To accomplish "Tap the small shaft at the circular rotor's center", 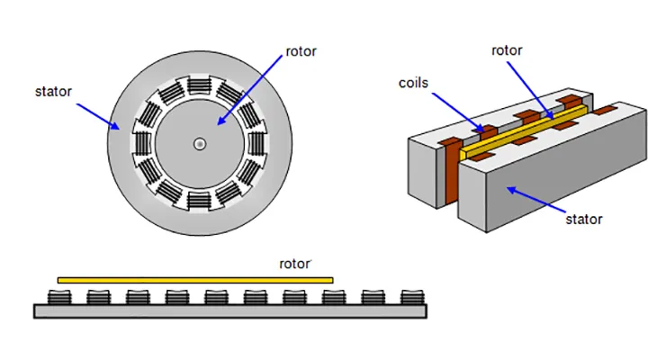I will [199, 143].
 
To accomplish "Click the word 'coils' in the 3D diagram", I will [414, 84].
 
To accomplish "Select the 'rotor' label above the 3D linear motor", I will [507, 50].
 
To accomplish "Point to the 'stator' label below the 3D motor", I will [583, 218].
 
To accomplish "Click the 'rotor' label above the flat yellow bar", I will [294, 264].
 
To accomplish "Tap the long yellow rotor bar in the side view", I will [194, 280].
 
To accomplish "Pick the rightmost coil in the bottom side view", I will [411, 296].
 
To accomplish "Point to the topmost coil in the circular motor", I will [199, 86].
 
